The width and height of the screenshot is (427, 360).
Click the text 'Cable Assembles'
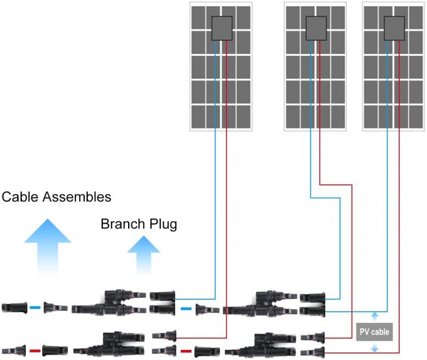pos(57,197)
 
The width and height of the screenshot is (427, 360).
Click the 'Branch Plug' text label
pos(139,224)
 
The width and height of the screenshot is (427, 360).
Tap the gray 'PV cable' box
pos(374,331)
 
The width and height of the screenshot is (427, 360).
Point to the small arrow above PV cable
pos(375,317)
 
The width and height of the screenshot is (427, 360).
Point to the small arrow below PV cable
pos(375,347)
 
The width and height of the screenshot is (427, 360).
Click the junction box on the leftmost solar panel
pos(221,28)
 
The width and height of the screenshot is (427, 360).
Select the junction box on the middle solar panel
pos(315,28)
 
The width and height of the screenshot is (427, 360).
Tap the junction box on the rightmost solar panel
pos(394,28)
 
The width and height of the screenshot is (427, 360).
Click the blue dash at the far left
pos(35,308)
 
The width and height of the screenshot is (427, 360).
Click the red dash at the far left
pos(35,350)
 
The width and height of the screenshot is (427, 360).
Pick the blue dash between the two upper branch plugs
pos(185,308)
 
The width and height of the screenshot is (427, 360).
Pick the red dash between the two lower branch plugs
pos(185,350)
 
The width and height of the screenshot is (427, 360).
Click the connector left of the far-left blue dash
pos(14,308)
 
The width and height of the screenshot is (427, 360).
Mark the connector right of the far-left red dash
pos(55,350)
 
